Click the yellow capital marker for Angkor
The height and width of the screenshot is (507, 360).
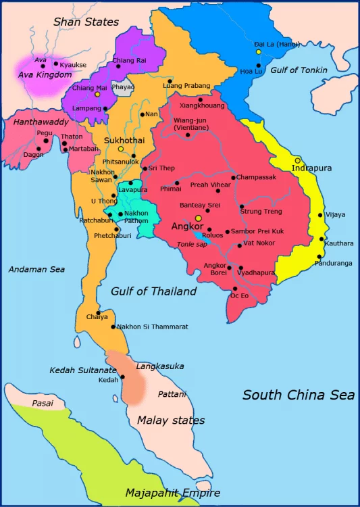coord(198,218)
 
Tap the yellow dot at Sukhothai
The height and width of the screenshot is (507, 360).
coord(121,149)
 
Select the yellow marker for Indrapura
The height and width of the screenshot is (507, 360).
coord(297,160)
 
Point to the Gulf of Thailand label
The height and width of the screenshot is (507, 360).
coord(154,291)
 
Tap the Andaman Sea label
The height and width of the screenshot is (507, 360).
coord(36,269)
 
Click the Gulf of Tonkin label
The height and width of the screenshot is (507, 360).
coord(299,70)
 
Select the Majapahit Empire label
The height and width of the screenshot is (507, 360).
coord(173,495)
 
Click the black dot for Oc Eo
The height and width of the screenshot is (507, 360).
coord(234,289)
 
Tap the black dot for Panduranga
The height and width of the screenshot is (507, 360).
coord(318,256)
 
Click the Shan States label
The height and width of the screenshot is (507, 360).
coord(86,22)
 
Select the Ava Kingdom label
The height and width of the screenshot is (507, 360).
coord(45,74)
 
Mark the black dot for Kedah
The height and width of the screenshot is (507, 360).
coord(123,377)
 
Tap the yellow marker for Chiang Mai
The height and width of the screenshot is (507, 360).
coord(97,95)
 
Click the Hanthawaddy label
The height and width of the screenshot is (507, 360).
coord(41,122)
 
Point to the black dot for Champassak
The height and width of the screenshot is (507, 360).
coord(234,178)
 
